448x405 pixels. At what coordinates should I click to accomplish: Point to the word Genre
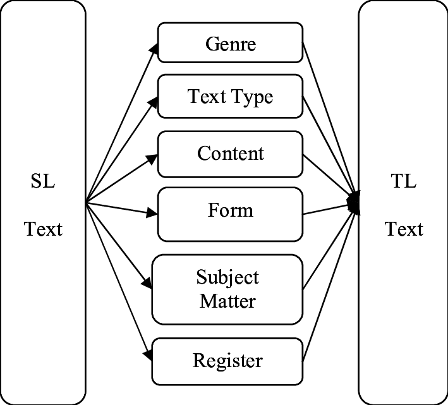231,44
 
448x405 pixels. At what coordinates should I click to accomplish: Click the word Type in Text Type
252,97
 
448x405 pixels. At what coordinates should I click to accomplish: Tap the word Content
231,154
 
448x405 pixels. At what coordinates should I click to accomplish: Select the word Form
231,210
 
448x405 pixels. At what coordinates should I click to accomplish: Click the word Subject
227,278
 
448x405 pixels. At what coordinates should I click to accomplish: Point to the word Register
227,361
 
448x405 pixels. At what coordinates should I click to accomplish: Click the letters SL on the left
43,183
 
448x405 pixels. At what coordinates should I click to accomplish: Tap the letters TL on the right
404,183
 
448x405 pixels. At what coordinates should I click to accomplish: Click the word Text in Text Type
203,97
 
